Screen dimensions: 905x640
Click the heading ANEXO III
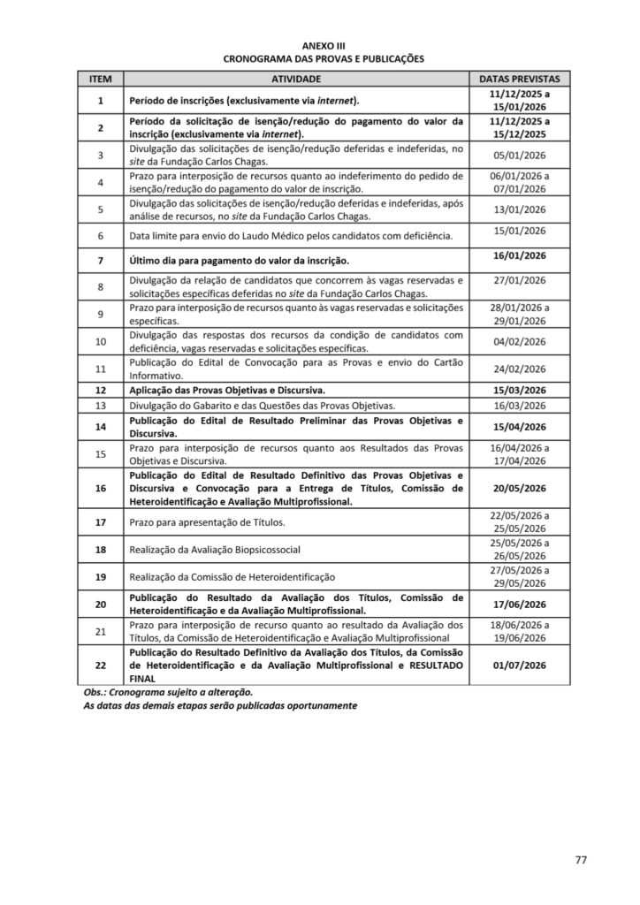click(319, 46)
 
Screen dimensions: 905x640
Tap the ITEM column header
click(101, 79)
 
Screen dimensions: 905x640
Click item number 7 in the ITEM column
click(101, 261)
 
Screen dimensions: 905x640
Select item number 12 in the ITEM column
click(101, 390)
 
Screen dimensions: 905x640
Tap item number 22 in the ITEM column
click(101, 665)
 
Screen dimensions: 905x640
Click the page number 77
click(581, 859)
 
